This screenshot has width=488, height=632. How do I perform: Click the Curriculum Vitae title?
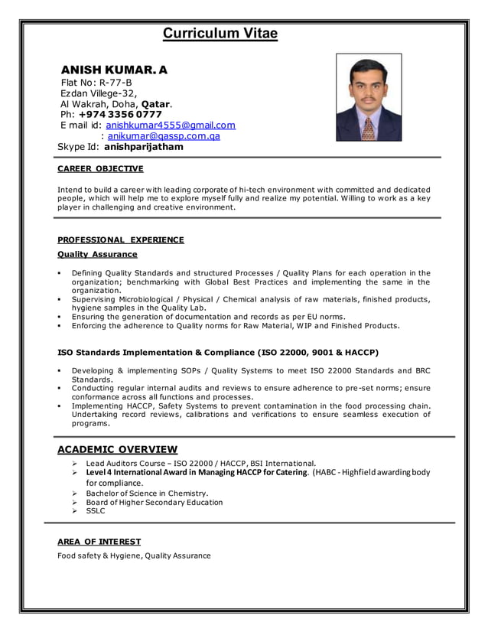click(220, 34)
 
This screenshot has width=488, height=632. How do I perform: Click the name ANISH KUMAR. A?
click(114, 70)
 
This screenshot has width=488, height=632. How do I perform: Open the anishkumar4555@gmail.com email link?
click(171, 125)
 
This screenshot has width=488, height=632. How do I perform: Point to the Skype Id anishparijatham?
click(144, 147)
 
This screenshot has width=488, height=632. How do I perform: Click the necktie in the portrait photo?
click(369, 124)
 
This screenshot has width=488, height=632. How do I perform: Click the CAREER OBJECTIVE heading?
click(100, 169)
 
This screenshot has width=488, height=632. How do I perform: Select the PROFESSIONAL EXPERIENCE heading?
click(121, 239)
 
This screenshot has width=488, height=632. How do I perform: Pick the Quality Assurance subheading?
click(98, 254)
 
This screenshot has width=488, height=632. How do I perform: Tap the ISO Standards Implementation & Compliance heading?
click(218, 353)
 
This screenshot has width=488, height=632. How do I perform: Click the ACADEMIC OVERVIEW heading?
click(118, 449)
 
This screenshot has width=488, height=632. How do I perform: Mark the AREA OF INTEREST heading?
click(99, 542)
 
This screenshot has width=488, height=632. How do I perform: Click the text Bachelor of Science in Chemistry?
click(147, 494)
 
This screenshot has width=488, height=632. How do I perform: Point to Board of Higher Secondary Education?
click(155, 503)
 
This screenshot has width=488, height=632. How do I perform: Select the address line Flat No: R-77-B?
click(96, 83)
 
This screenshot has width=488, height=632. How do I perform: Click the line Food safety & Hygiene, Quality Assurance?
click(134, 555)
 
